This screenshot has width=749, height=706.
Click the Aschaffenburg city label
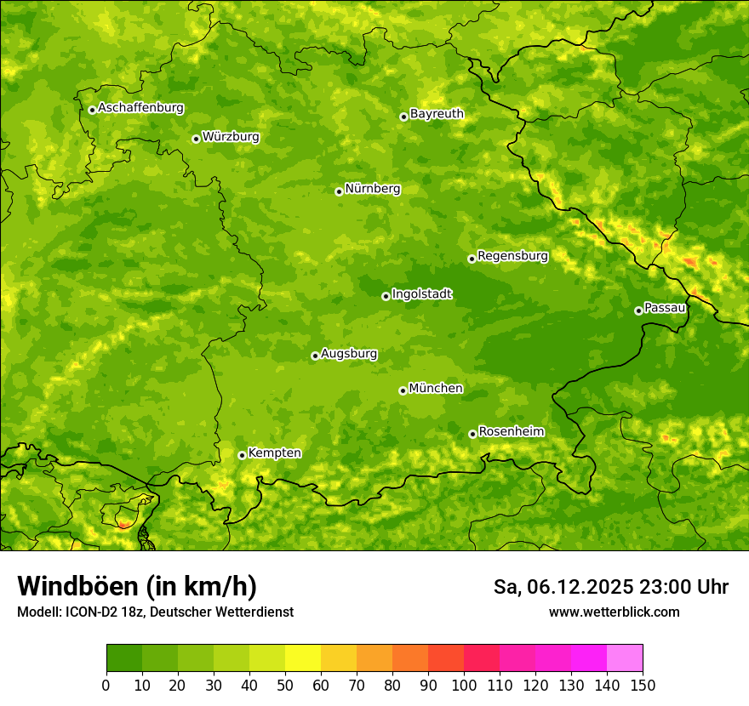(x=140, y=108)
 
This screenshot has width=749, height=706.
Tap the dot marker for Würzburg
(x=196, y=139)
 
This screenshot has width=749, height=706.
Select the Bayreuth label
(x=437, y=113)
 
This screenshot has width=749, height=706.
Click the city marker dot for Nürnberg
(x=339, y=191)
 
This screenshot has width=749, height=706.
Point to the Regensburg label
(x=512, y=255)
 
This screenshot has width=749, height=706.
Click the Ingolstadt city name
(x=421, y=293)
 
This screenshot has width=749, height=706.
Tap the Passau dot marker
(x=638, y=310)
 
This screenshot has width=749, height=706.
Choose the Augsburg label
(x=349, y=353)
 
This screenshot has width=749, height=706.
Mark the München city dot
(x=403, y=390)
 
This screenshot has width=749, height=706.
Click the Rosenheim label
(x=511, y=431)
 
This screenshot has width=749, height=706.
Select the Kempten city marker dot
(x=242, y=455)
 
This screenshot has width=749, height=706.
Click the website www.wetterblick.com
(x=614, y=612)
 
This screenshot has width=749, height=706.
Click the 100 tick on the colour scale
(x=464, y=685)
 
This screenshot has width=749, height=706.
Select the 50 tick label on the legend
(x=285, y=685)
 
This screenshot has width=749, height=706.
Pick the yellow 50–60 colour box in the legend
(x=303, y=658)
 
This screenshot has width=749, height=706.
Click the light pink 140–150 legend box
(x=625, y=658)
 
